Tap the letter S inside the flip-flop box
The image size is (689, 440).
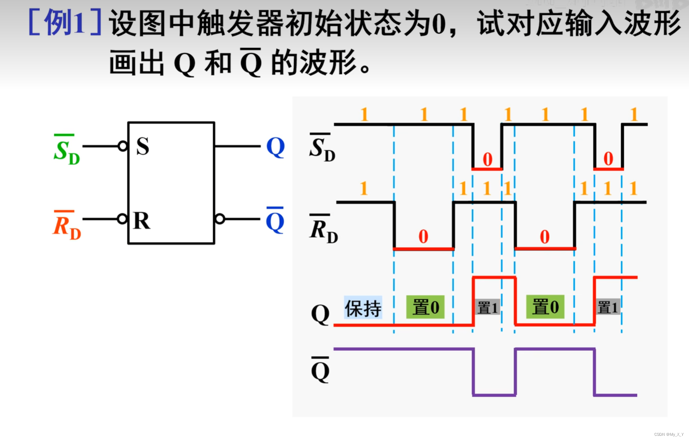[x=142, y=146]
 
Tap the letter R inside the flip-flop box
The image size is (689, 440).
[x=142, y=221]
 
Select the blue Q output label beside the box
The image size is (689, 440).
[x=275, y=147]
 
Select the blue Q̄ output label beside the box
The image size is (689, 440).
[x=275, y=221]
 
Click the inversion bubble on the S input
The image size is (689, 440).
[x=123, y=146]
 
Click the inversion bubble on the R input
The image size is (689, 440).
[x=122, y=219]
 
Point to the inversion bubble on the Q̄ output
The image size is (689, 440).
[x=220, y=219]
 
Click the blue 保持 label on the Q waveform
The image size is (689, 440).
[x=363, y=308]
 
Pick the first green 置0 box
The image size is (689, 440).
[x=425, y=307]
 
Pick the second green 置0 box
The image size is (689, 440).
[x=545, y=307]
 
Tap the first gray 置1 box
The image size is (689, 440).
[x=487, y=307]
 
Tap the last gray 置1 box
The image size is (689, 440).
[x=607, y=307]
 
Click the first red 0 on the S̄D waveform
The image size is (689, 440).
[x=487, y=159]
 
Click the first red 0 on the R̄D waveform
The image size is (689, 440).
[x=423, y=237]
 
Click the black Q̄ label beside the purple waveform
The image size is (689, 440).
[x=320, y=370]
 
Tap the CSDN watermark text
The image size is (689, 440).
[x=669, y=434]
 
